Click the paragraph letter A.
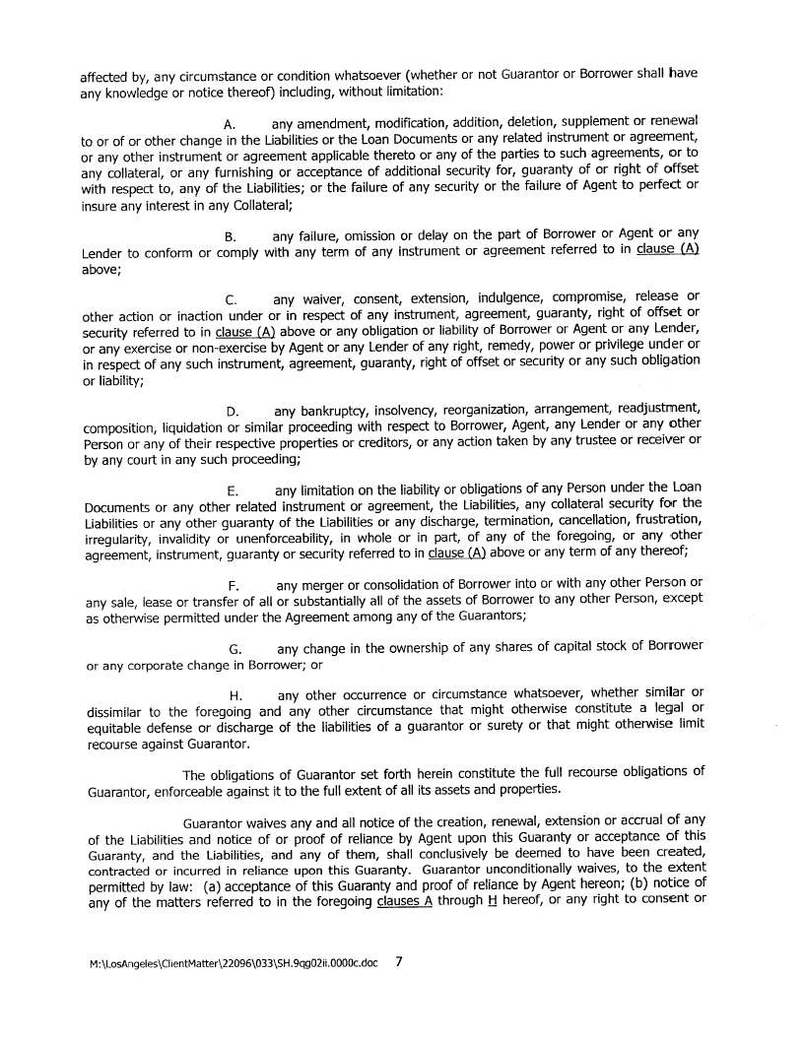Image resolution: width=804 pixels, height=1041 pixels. pos(230,126)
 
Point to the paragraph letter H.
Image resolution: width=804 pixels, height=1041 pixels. pos(235,696)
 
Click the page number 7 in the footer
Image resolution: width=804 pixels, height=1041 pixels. pos(399,961)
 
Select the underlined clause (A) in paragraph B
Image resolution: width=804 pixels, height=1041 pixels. pos(667,250)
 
